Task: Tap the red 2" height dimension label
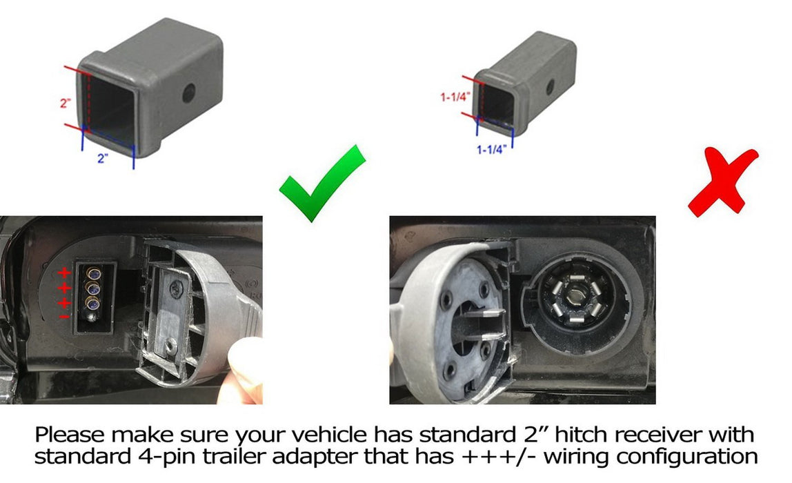[65, 103]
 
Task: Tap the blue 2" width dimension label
[103, 158]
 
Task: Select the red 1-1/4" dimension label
[455, 97]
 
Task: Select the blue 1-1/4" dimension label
[491, 150]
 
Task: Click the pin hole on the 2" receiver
[189, 93]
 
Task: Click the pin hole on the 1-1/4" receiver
[550, 87]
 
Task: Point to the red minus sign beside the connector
[64, 317]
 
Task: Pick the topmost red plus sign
[63, 273]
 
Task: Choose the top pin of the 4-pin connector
[93, 273]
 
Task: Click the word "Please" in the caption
[70, 435]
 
